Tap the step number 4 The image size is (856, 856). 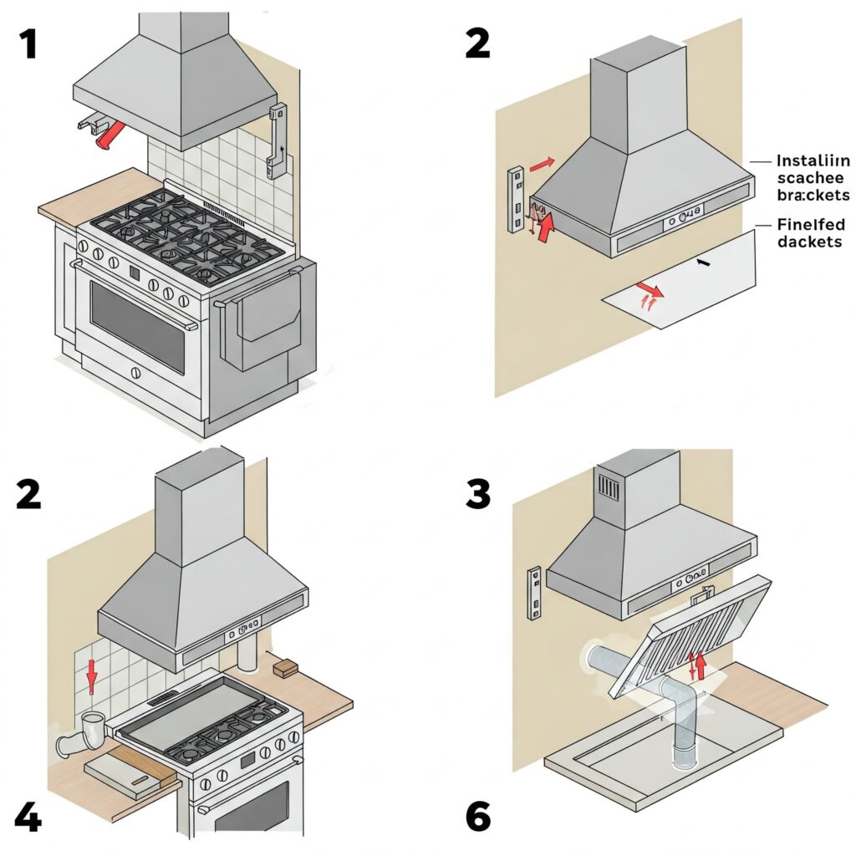coord(28,818)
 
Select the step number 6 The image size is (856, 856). coord(477,817)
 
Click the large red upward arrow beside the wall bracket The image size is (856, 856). coord(546,227)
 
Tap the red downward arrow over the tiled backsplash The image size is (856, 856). coord(91,676)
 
